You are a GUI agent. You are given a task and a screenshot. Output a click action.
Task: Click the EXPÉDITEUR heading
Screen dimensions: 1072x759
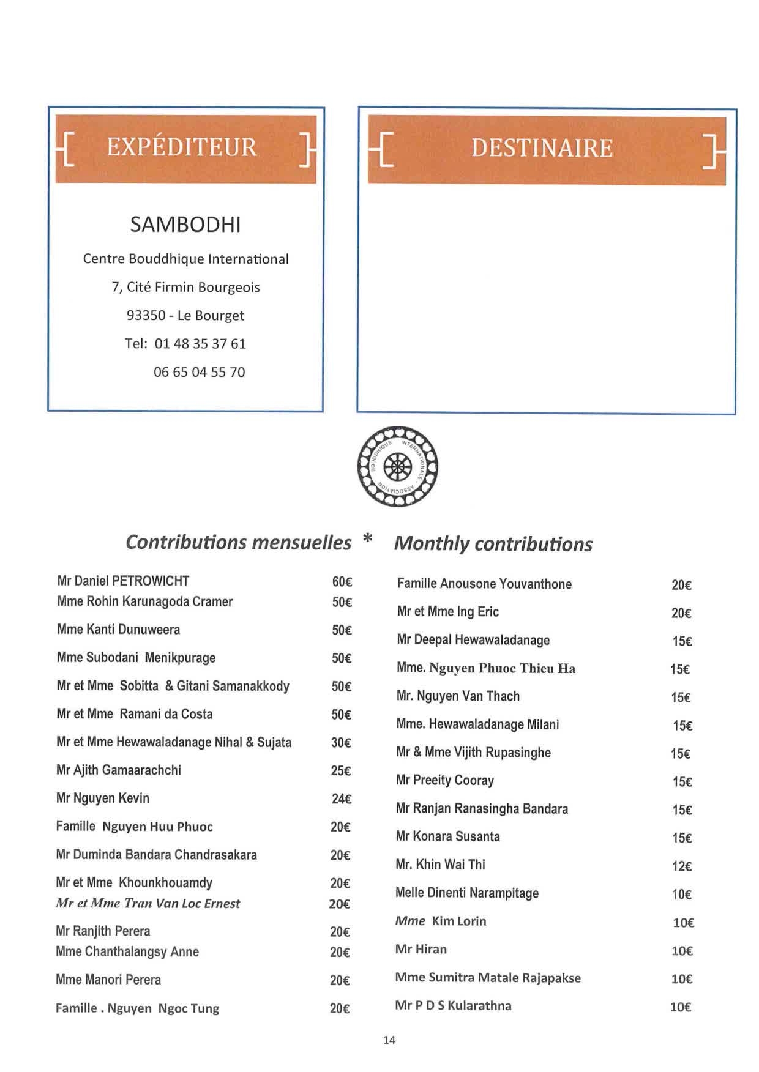(x=182, y=147)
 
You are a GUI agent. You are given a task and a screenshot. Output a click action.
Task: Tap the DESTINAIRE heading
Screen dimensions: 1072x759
(x=542, y=149)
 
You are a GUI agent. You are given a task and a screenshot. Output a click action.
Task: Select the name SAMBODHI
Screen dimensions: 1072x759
(x=185, y=225)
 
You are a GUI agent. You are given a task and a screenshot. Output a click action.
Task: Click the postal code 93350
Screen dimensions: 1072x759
(x=146, y=316)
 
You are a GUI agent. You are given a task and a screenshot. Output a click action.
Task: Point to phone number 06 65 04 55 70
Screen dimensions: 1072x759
(x=199, y=372)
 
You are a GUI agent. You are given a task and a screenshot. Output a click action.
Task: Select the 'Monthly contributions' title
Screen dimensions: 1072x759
(x=493, y=544)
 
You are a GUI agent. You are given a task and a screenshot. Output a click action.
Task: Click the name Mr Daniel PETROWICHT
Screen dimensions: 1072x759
(x=123, y=581)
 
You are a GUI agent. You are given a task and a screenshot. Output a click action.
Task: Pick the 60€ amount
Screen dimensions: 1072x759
(x=342, y=582)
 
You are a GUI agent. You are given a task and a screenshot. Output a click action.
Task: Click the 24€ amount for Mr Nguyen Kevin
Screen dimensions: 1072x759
(x=341, y=799)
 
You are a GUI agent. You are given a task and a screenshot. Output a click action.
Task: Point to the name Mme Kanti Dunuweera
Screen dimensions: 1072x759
(x=118, y=630)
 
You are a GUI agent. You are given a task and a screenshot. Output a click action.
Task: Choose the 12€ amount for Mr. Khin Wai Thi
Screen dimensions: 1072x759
(x=681, y=866)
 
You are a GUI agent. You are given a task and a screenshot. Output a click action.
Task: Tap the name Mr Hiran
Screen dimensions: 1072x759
(x=421, y=950)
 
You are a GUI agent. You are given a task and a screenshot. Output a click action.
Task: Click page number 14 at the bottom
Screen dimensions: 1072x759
(x=389, y=1040)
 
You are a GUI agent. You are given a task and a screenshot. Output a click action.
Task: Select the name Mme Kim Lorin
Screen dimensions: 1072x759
(x=441, y=921)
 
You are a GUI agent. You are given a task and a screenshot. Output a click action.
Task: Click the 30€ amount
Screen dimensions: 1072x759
(x=341, y=743)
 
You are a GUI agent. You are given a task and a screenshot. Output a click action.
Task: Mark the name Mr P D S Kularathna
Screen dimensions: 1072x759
(x=453, y=1006)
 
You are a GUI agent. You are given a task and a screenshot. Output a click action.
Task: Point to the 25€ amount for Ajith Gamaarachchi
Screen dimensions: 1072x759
(x=341, y=771)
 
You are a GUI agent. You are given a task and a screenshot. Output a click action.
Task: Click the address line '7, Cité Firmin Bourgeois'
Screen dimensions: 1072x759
(x=185, y=288)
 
